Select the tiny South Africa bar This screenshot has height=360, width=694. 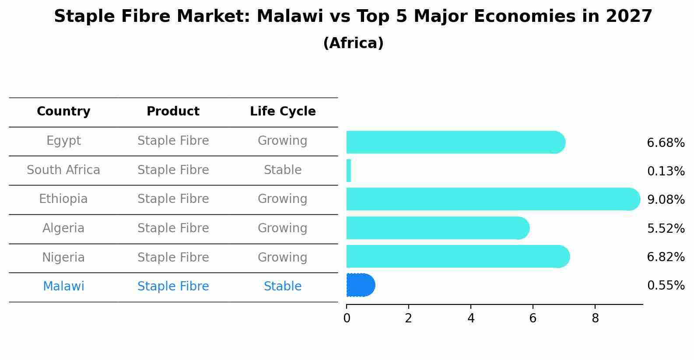coord(349,171)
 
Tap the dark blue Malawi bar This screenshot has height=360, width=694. coord(360,285)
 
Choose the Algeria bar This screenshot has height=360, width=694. coord(438,228)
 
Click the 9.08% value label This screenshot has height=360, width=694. coord(666,200)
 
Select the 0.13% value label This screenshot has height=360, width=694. coord(666,171)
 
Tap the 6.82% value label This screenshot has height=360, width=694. coord(666,257)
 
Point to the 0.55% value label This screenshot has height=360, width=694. coord(666,286)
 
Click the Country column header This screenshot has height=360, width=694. coord(63,112)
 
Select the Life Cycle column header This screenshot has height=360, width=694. coord(283,112)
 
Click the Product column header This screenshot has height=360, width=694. coord(173,112)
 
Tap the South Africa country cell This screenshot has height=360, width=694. coord(63,170)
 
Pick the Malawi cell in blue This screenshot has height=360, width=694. coord(63,287)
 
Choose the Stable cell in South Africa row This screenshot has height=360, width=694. coord(283,170)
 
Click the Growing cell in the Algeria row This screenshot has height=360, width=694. coord(283,228)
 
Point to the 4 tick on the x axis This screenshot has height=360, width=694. coord(471,318)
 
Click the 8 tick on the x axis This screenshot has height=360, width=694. coord(595,318)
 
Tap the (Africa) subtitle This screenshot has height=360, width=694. coord(353,43)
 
